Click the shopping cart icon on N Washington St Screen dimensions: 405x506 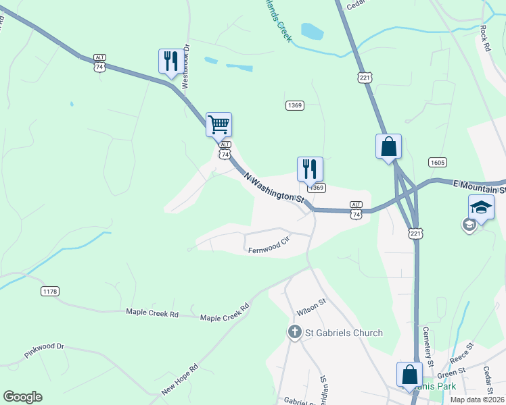click(218, 125)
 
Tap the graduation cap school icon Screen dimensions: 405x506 click(481, 207)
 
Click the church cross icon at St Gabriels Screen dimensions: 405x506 click(294, 332)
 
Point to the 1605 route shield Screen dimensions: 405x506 click(437, 162)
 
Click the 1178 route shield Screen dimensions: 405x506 click(49, 291)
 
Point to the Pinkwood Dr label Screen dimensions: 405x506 click(44, 350)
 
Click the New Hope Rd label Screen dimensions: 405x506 click(179, 381)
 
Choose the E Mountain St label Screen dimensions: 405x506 click(478, 183)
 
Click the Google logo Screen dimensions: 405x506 click(22, 397)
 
